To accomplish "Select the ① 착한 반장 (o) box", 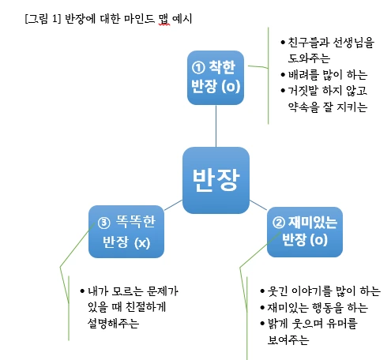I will tap(216, 77).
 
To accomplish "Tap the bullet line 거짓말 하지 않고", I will tap(328, 91).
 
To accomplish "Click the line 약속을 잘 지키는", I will tap(328, 108).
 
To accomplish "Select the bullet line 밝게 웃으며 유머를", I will tap(313, 324).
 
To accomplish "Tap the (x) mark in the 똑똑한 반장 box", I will tap(141, 241).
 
